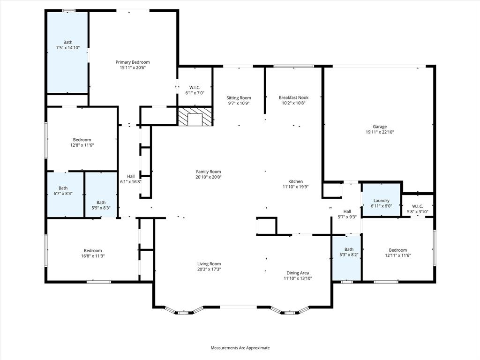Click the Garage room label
click(380, 127)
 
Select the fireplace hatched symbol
click(195, 117)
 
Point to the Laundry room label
click(381, 201)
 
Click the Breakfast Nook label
click(293, 97)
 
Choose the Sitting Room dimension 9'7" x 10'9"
click(239, 103)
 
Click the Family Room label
click(208, 172)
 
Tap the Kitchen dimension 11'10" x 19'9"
click(295, 187)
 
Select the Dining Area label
click(298, 273)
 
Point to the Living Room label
click(209, 263)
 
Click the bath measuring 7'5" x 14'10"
click(68, 45)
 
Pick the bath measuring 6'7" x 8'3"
click(63, 191)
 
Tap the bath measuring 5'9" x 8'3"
click(101, 205)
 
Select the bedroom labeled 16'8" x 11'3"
click(93, 253)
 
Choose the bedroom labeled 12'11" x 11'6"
click(397, 253)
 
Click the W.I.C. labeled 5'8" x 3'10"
click(417, 209)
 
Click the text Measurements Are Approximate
click(240, 348)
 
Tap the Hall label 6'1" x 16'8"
click(131, 179)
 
